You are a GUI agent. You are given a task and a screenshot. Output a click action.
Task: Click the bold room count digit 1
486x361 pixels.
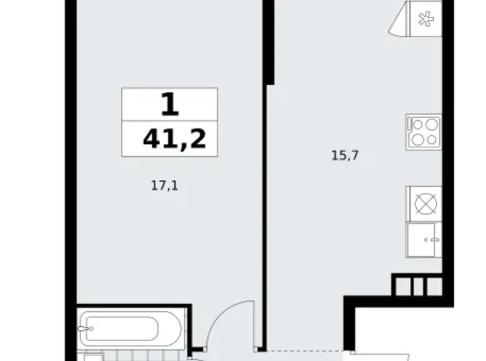[169, 105]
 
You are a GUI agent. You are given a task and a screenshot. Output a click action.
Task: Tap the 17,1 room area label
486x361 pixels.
[164, 184]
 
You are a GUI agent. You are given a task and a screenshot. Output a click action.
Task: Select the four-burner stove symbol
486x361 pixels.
[424, 132]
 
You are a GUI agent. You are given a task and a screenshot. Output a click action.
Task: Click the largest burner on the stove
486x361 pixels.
[431, 139]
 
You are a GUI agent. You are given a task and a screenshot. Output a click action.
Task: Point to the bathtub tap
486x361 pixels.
[88, 329]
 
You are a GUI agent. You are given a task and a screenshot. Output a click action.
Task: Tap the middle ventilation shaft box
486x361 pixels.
[417, 286]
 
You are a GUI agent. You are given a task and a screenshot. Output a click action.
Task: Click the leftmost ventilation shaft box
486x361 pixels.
[402, 286]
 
